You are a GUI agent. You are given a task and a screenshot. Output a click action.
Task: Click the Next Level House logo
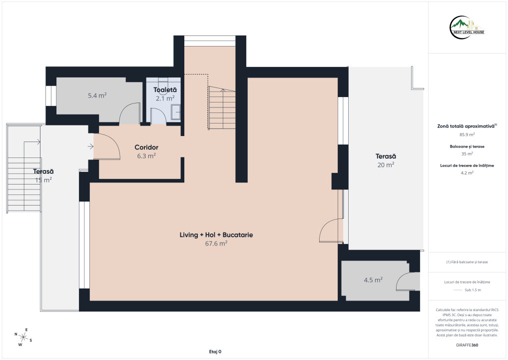467,27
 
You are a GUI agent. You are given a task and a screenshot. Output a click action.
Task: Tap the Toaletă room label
165,90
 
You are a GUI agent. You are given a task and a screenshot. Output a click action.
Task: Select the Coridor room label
146,147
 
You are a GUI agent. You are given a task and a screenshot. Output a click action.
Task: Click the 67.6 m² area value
216,243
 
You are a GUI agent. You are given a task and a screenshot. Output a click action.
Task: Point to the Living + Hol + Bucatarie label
216,235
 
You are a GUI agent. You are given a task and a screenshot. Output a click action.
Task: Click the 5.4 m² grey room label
97,95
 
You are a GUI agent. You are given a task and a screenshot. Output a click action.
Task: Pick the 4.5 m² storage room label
373,280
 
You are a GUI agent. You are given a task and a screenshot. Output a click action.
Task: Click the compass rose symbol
23,337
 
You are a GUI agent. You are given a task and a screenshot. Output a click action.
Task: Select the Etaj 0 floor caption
215,351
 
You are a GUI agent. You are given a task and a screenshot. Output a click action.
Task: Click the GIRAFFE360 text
467,345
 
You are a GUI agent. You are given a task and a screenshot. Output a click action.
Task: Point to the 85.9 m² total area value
467,134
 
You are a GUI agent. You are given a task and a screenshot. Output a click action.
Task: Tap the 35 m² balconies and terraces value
467,153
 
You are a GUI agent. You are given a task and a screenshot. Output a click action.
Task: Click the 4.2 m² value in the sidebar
467,173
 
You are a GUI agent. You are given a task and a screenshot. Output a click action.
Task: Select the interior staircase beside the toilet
222,108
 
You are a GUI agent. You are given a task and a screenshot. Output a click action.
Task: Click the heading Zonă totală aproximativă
467,126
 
